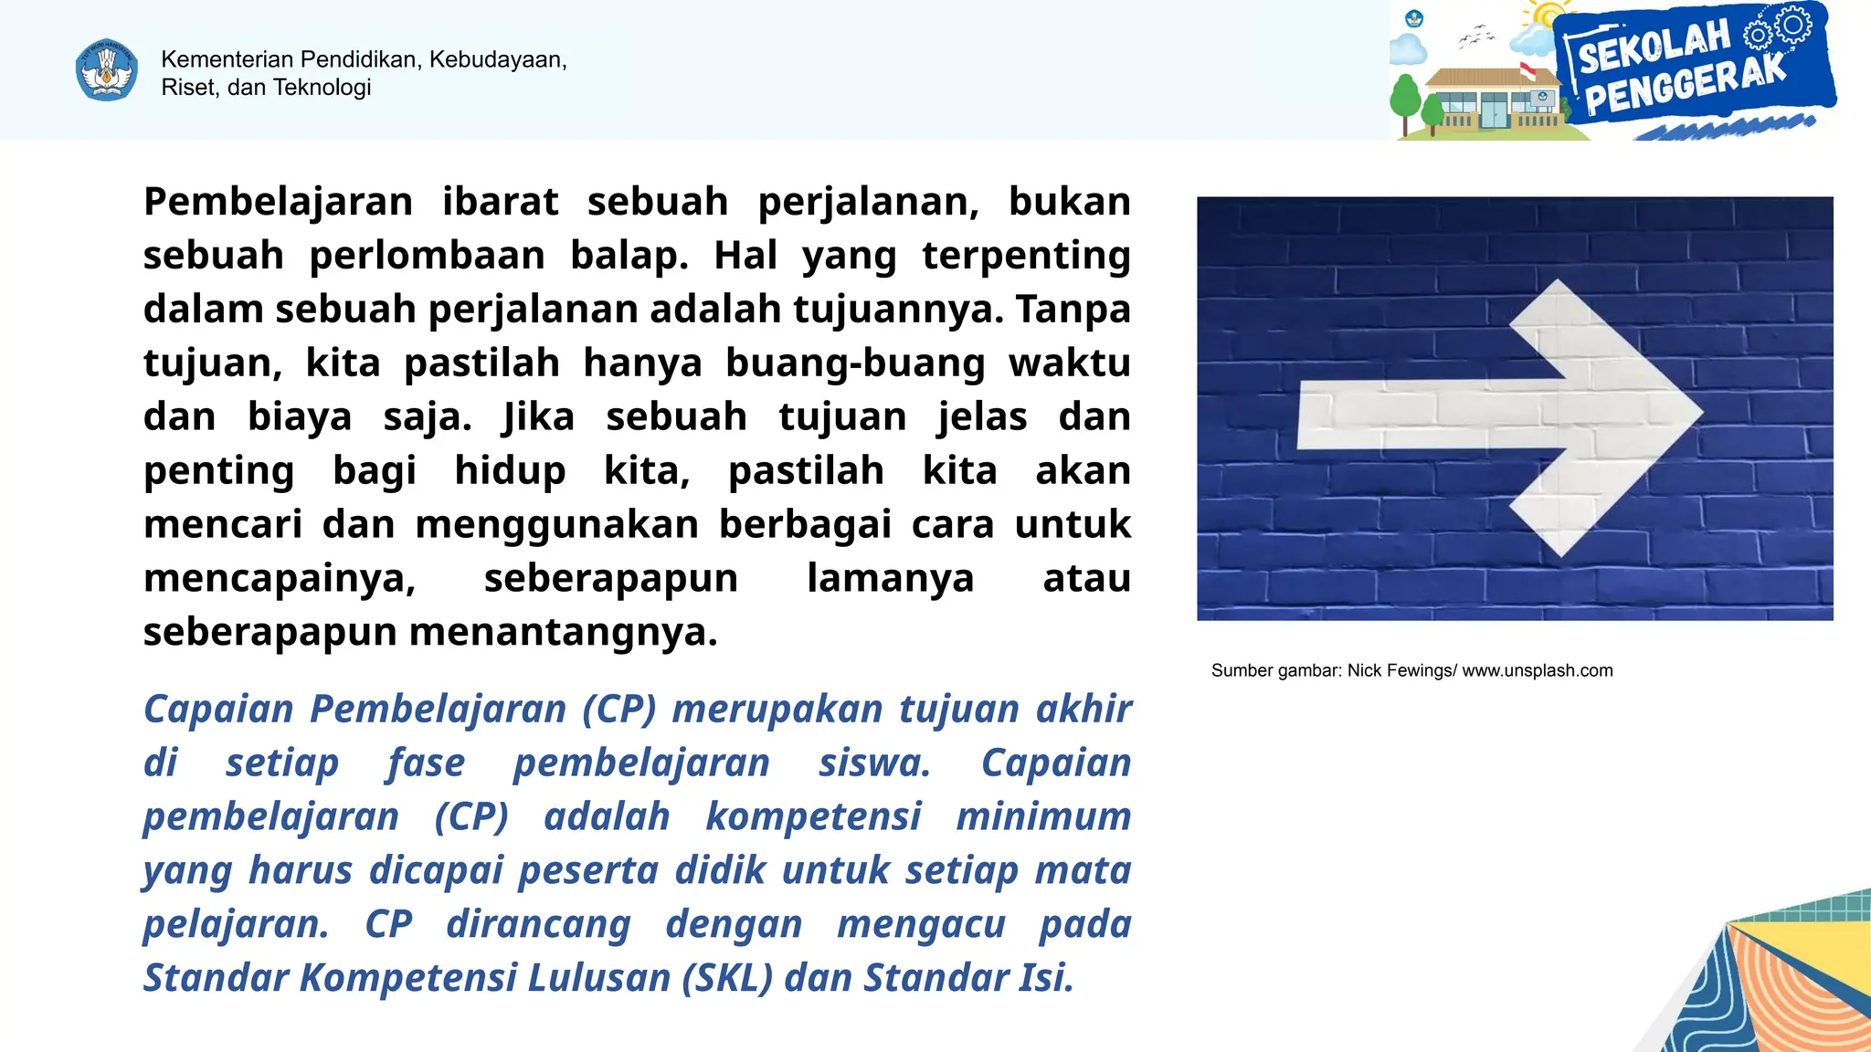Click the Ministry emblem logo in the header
click(107, 70)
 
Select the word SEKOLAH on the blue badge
click(1654, 46)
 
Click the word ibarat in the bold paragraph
click(500, 202)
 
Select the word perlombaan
click(427, 256)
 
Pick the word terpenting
click(1026, 256)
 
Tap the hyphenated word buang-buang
click(855, 363)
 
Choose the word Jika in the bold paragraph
click(539, 417)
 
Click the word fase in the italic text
click(427, 763)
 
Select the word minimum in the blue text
click(1043, 816)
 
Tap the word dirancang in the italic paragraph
click(538, 924)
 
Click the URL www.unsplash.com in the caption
click(1538, 671)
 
